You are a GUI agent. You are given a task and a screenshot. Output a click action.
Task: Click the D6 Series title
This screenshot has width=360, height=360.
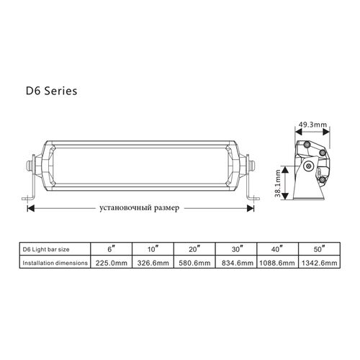[51, 91]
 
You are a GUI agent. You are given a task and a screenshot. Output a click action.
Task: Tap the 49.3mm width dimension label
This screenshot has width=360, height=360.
[312, 125]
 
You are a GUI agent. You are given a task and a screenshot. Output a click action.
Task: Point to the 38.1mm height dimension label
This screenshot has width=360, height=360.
[278, 184]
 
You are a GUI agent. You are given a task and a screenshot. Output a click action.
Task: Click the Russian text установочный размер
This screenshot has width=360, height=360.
[139, 207]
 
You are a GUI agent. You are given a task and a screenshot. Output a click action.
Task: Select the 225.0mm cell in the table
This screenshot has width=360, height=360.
[112, 263]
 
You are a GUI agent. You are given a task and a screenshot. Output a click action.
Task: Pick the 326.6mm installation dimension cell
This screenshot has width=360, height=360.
[153, 263]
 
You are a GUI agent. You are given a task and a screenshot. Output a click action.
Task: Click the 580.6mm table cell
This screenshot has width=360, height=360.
[194, 263]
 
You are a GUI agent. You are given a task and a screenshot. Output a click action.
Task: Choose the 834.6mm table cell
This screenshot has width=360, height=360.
[237, 263]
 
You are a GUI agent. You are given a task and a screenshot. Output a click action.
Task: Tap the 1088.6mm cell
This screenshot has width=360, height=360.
[277, 263]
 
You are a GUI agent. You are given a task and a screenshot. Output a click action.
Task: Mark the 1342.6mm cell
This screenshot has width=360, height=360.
[319, 263]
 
